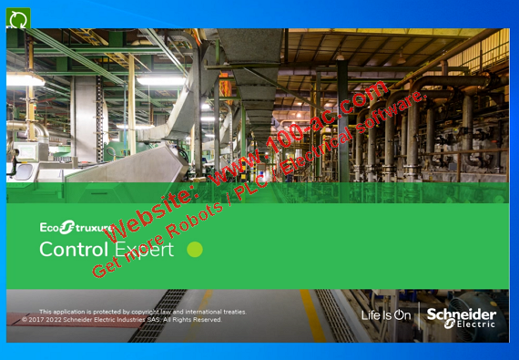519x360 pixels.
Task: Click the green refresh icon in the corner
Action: pyautogui.click(x=18, y=17)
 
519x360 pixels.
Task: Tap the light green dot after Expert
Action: pyautogui.click(x=194, y=249)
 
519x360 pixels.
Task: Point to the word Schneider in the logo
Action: pyautogui.click(x=462, y=314)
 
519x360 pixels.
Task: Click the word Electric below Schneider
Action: pyautogui.click(x=475, y=324)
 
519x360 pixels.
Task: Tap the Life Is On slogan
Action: pyautogui.click(x=386, y=315)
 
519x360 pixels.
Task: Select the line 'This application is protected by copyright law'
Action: pyautogui.click(x=142, y=312)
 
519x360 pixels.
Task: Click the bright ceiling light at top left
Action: pyautogui.click(x=25, y=80)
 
